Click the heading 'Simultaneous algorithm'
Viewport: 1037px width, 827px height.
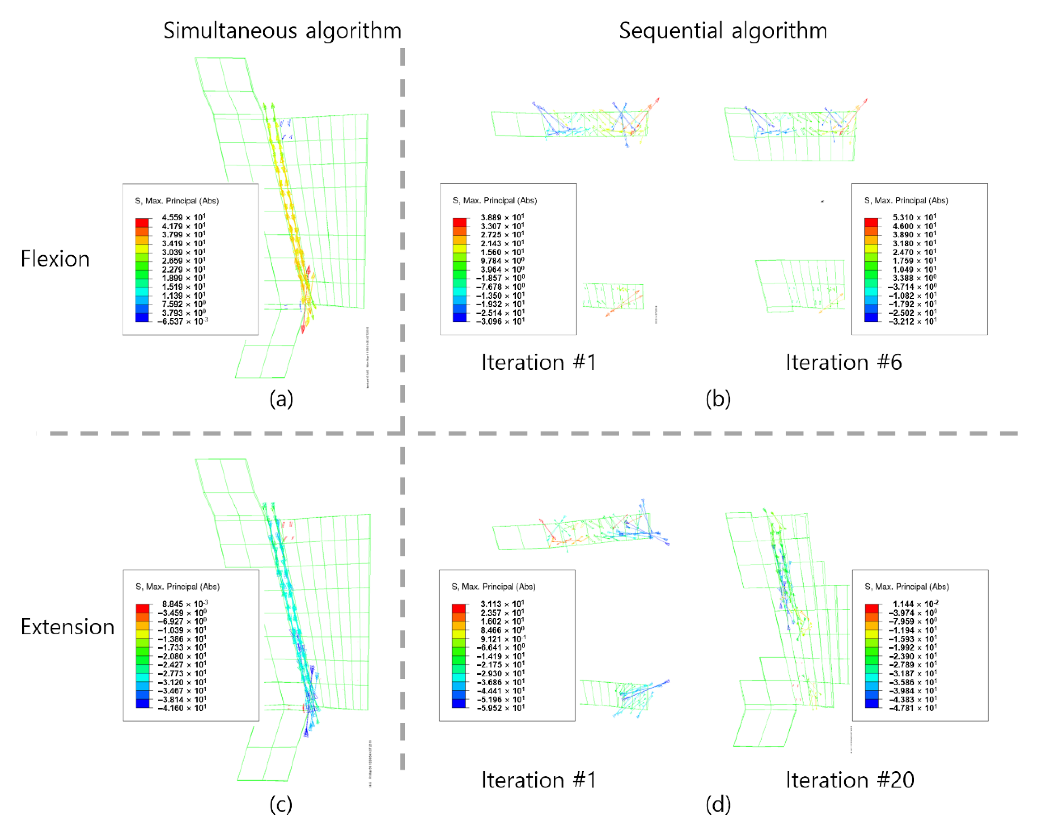pyautogui.click(x=282, y=31)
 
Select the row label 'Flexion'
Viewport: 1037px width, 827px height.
pyautogui.click(x=55, y=259)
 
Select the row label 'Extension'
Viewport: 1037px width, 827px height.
pyautogui.click(x=67, y=627)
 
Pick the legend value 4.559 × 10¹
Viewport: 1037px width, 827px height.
pyautogui.click(x=183, y=217)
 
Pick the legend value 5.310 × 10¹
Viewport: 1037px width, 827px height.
pyautogui.click(x=914, y=217)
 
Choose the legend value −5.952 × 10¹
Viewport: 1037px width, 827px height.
pyautogui.click(x=498, y=708)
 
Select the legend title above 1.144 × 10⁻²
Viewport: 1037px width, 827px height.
pyautogui.click(x=906, y=587)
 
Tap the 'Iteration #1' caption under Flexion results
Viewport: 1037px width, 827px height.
pyautogui.click(x=539, y=362)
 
